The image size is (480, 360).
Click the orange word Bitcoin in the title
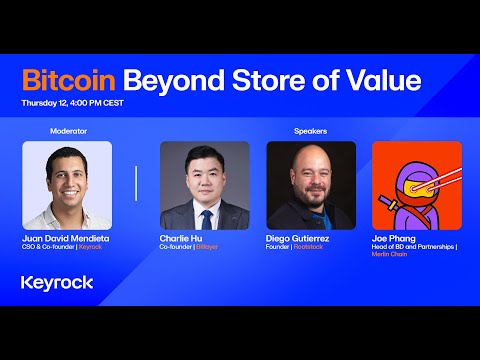point(67,80)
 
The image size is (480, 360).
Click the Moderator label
point(67,131)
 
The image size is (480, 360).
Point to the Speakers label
point(310,131)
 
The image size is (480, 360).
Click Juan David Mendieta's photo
point(67,184)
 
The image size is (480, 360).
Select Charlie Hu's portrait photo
point(204,184)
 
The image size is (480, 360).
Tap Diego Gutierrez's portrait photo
point(310,184)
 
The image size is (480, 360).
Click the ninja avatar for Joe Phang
point(416,184)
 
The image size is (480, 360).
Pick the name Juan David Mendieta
point(68,238)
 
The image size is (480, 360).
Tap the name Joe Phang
point(394,238)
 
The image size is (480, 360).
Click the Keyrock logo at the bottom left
point(57,282)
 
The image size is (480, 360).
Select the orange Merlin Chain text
point(392,256)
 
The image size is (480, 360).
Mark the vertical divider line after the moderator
point(136,184)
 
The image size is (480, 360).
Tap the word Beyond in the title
point(169,80)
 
